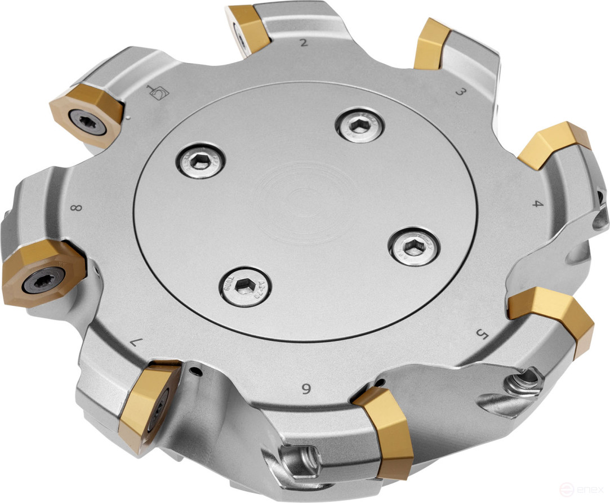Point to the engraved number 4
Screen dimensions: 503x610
[538, 203]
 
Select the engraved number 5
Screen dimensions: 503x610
[482, 335]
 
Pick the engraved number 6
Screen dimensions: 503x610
[306, 388]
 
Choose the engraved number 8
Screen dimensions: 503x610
[77, 208]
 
